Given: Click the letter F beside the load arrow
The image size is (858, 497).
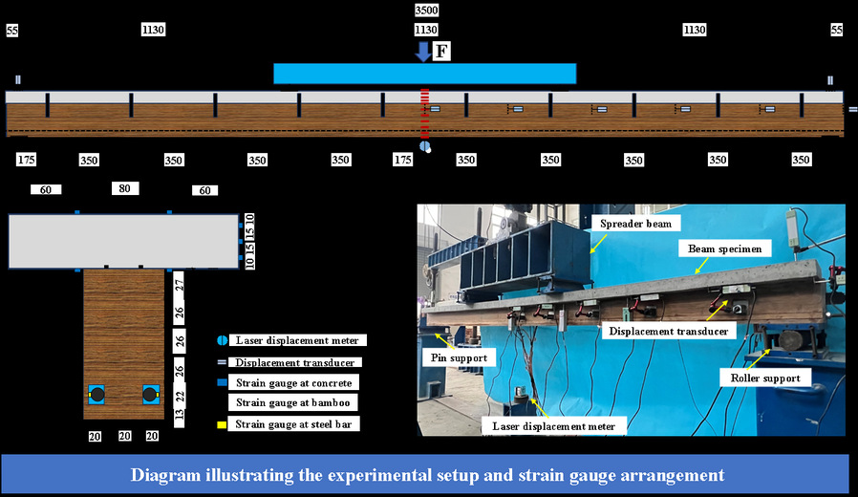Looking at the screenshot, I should (x=441, y=52).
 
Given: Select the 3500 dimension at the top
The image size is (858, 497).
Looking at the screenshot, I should (x=427, y=10).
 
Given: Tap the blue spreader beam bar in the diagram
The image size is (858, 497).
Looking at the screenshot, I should (x=424, y=74).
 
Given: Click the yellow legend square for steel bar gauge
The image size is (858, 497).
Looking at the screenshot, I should (x=222, y=423).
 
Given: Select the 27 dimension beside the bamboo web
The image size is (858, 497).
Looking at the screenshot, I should (x=179, y=283).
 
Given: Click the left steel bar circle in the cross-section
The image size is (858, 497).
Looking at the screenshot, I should (x=97, y=393).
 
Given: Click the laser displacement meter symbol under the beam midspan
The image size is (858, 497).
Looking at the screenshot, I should (x=426, y=147).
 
